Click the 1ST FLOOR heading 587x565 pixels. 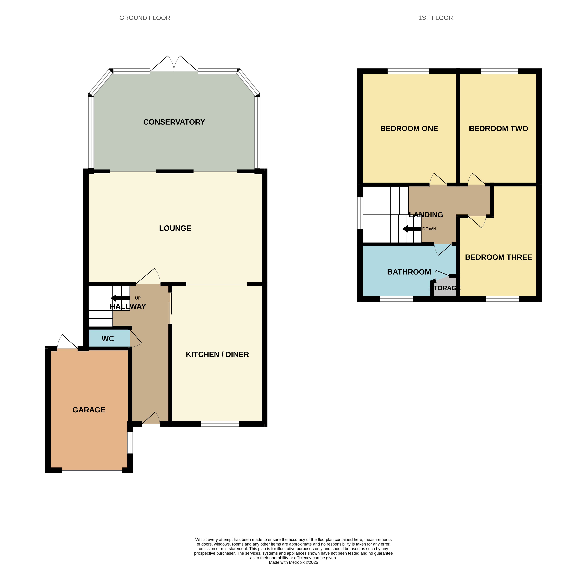436,18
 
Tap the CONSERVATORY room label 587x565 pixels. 174,122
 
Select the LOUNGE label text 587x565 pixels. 175,228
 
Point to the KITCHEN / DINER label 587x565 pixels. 217,354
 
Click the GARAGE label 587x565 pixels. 89,410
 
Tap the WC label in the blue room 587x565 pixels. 108,338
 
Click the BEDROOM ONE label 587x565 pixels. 409,129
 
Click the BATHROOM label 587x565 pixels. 409,272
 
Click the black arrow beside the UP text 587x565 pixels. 120,298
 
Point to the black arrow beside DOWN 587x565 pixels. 411,229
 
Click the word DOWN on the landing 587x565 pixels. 429,229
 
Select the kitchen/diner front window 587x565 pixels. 220,424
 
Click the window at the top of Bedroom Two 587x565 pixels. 500,71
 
